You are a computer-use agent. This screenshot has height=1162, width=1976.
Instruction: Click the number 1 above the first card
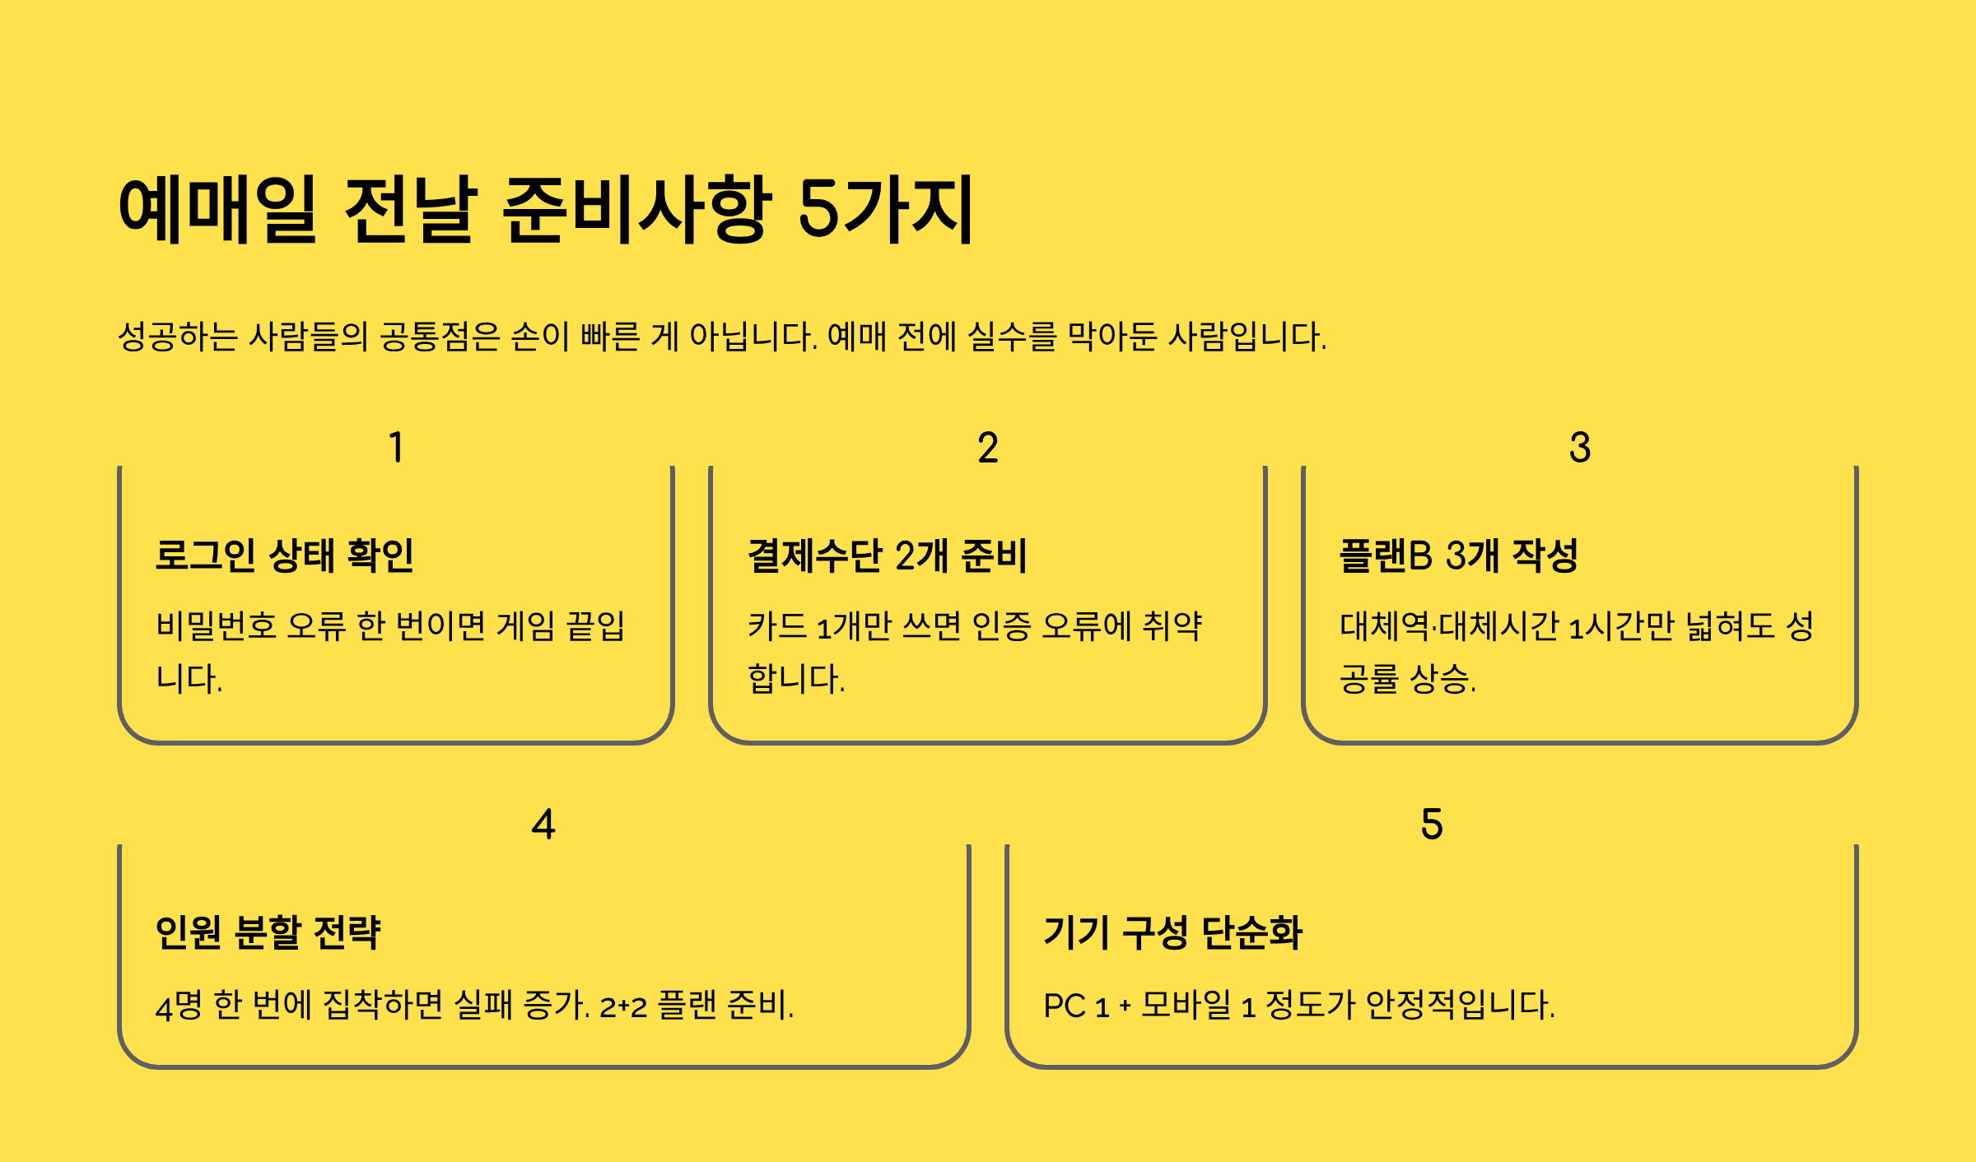396,448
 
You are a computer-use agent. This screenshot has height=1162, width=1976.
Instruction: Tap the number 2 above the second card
988,448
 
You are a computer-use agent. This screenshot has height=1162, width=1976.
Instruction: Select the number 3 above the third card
1580,448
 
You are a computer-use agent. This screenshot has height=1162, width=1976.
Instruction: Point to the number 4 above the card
543,824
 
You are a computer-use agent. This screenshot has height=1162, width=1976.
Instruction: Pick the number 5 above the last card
1432,824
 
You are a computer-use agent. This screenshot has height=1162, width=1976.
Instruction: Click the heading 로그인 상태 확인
285,555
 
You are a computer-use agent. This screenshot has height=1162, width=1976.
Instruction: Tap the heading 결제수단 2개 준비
888,555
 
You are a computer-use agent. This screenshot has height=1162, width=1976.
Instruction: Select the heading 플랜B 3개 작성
1459,555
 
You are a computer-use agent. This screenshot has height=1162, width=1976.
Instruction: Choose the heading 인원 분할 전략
268,932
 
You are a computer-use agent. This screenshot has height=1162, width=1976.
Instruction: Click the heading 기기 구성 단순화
1172,932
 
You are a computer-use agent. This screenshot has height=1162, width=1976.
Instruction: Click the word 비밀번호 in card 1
216,626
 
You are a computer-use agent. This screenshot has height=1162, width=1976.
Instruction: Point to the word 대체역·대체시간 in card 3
1449,626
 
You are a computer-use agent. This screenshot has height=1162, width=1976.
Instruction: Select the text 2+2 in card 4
623,1006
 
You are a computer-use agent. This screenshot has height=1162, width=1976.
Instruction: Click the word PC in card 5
1065,1006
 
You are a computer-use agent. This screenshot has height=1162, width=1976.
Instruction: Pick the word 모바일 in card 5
1186,1005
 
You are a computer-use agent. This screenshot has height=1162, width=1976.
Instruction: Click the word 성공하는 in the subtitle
178,337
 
